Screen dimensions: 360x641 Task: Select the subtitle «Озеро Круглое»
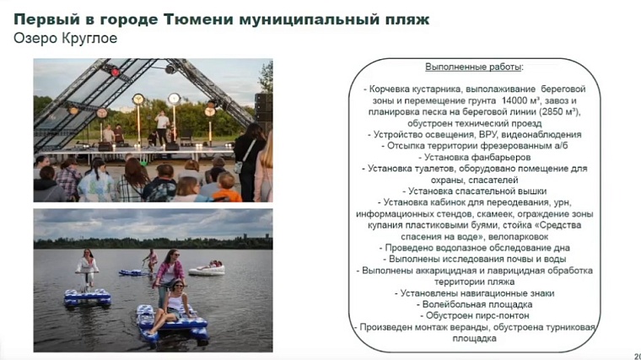click(x=65, y=39)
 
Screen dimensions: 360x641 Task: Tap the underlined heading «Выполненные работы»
click(x=473, y=66)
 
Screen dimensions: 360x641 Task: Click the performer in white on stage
click(x=161, y=126)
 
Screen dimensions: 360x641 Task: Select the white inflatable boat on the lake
click(x=207, y=268)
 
